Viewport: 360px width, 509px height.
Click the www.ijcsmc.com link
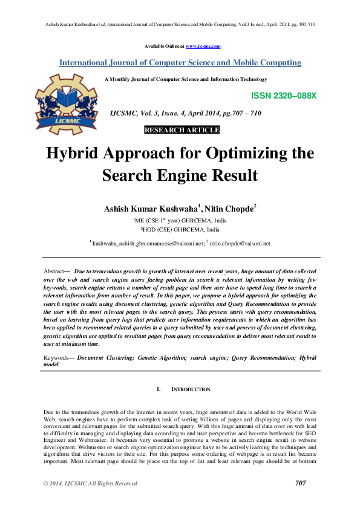tap(203, 46)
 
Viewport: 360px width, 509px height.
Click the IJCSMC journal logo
tap(67, 103)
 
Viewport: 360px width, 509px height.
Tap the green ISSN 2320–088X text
tap(283, 96)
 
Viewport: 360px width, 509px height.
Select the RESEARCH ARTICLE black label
tap(182, 130)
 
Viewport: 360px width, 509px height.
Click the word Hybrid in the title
tap(77, 153)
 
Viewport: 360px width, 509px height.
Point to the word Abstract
tap(57, 273)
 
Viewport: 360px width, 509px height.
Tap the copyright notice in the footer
tap(90, 484)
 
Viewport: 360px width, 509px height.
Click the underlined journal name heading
tap(180, 63)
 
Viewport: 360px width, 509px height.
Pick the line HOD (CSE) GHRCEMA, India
tap(180, 230)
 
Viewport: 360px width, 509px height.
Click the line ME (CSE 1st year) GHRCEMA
tap(180, 221)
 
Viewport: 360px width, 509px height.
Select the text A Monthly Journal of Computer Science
tap(186, 79)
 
